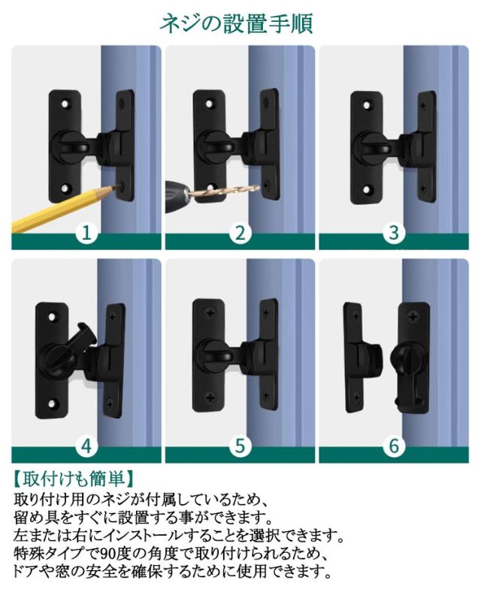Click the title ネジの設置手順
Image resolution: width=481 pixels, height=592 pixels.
point(236,24)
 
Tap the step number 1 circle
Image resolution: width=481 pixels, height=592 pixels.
point(86,233)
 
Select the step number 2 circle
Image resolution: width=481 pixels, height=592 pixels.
point(240,233)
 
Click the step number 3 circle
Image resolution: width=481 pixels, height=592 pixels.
point(393,233)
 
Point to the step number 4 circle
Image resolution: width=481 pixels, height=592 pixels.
point(86,446)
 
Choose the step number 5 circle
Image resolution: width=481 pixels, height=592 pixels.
point(240,446)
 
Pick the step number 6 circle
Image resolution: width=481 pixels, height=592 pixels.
point(393,446)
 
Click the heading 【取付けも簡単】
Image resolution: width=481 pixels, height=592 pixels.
point(73,479)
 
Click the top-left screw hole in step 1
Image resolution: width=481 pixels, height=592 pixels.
point(66,103)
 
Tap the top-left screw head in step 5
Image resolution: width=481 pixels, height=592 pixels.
point(210,314)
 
